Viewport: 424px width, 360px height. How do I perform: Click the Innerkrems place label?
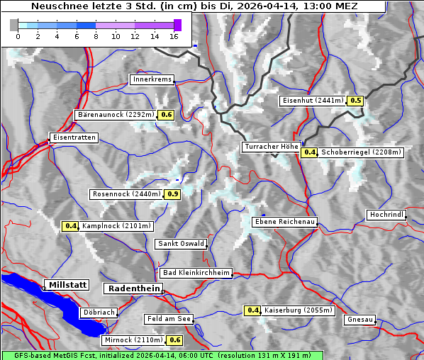pyautogui.click(x=152, y=79)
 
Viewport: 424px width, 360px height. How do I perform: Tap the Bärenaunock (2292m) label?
pyautogui.click(x=115, y=114)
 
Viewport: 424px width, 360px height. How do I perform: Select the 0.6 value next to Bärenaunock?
pyautogui.click(x=167, y=114)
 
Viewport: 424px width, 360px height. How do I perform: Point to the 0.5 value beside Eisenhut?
pyautogui.click(x=356, y=101)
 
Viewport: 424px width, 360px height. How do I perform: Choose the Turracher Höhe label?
pyautogui.click(x=271, y=147)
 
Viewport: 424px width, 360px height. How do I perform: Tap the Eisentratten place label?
pyautogui.click(x=72, y=137)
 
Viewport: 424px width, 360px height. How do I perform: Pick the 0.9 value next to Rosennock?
pyautogui.click(x=172, y=193)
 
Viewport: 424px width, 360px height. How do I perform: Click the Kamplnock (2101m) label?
pyautogui.click(x=116, y=226)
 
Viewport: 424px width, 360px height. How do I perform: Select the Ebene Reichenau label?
pyautogui.click(x=285, y=222)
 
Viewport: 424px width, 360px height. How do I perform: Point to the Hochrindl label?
pyautogui.click(x=386, y=215)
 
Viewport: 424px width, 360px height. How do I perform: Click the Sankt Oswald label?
pyautogui.click(x=181, y=244)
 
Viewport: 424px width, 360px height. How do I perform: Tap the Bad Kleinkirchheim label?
pyautogui.click(x=196, y=273)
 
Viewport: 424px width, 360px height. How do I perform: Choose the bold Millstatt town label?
pyautogui.click(x=66, y=285)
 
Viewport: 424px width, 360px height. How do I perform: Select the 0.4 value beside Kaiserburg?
pyautogui.click(x=253, y=310)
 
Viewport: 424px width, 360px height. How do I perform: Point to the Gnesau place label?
pyautogui.click(x=359, y=320)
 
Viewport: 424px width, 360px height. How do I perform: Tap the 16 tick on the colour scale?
pyautogui.click(x=174, y=35)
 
